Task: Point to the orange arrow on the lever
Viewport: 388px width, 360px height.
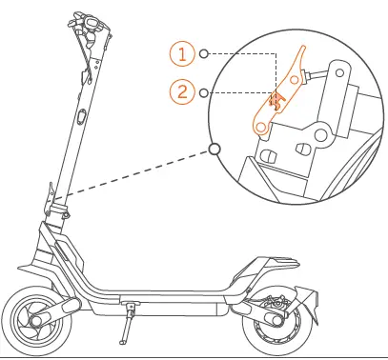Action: pos(277,101)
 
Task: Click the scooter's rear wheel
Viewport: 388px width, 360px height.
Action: pos(276,323)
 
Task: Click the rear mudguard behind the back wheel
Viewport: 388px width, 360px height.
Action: pos(307,300)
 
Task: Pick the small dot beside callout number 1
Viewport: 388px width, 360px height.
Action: pos(204,55)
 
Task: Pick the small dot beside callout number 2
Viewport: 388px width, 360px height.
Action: pos(204,92)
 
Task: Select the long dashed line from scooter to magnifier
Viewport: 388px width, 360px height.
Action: pos(138,176)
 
